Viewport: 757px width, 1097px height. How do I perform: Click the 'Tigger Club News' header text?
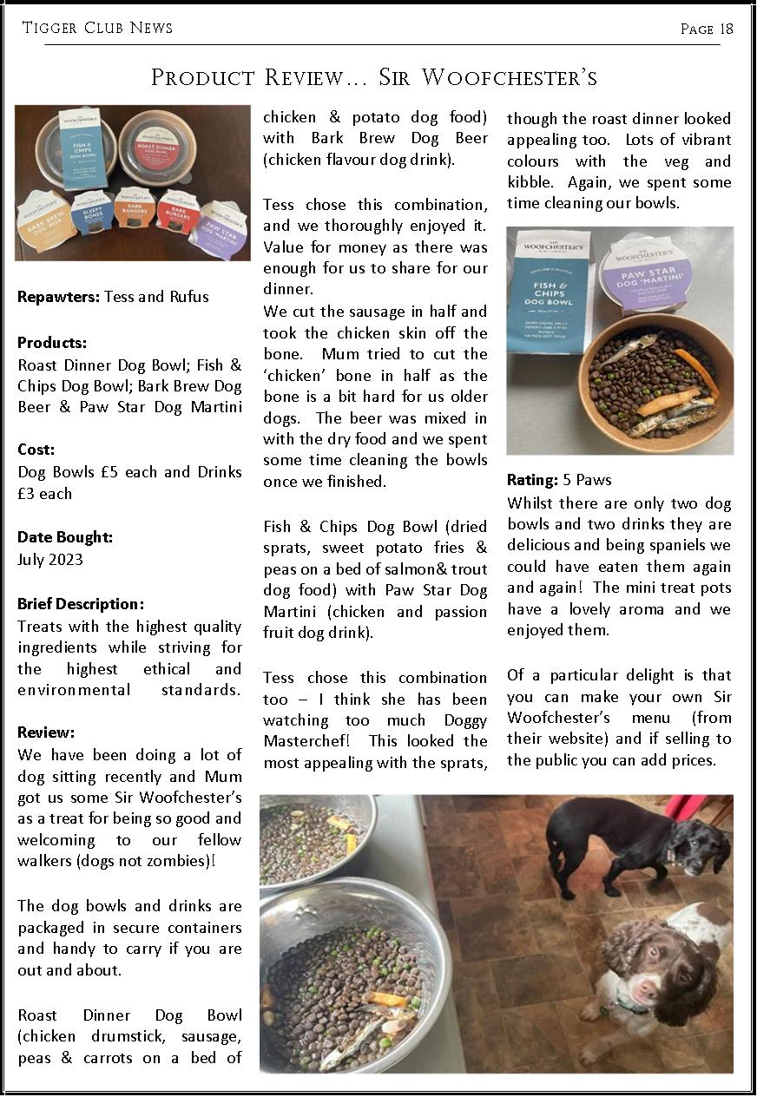(97, 28)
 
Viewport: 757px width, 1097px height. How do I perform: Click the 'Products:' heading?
(52, 343)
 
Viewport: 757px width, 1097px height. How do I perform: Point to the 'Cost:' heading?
(36, 450)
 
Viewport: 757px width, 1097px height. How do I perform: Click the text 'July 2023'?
(50, 560)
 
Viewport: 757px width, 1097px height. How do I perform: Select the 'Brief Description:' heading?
(81, 604)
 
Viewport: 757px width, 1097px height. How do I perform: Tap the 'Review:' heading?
(46, 733)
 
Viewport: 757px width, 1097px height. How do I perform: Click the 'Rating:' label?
(532, 480)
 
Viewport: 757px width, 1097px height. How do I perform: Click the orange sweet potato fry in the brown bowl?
(696, 369)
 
